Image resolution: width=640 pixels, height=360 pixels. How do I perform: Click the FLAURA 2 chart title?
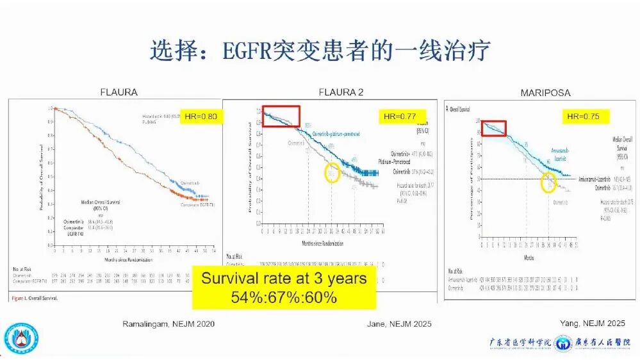(x=341, y=92)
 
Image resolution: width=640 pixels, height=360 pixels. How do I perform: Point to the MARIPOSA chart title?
(x=545, y=94)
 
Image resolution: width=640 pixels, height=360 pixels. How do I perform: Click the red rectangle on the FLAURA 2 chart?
(x=281, y=116)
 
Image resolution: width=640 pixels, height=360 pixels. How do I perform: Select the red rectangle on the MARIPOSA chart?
(x=494, y=128)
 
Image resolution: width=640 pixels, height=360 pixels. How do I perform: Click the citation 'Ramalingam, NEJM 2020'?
(x=168, y=324)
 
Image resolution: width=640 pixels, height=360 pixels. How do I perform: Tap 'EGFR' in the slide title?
(x=246, y=51)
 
